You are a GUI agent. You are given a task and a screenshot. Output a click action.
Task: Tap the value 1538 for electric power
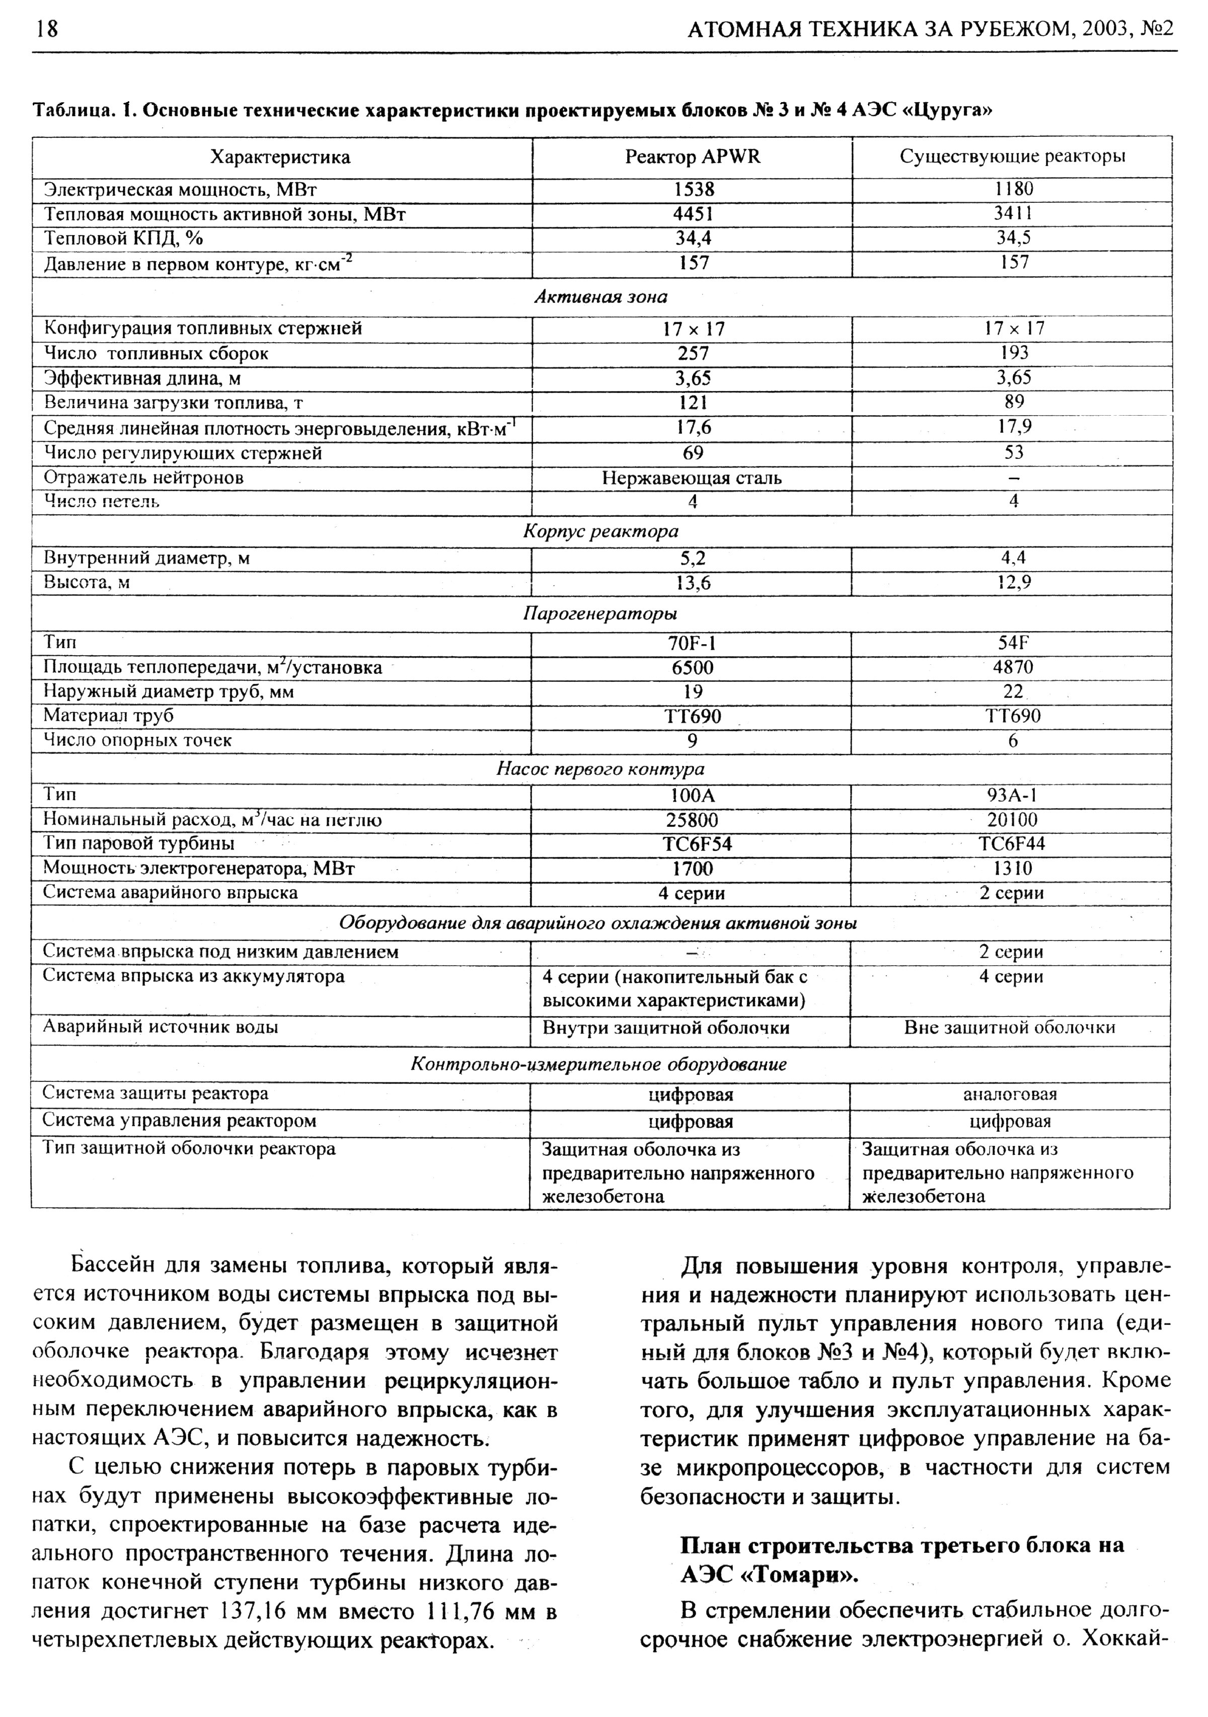click(x=693, y=190)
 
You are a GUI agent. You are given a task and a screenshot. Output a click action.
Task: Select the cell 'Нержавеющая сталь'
click(x=692, y=478)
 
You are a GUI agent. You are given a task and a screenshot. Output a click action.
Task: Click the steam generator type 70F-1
click(x=692, y=643)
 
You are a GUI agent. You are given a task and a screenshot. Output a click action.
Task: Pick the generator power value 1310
click(x=1013, y=868)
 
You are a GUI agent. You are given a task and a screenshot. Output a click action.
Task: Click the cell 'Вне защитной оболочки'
click(x=1010, y=1028)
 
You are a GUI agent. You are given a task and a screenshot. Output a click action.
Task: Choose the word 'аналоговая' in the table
click(x=1010, y=1095)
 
